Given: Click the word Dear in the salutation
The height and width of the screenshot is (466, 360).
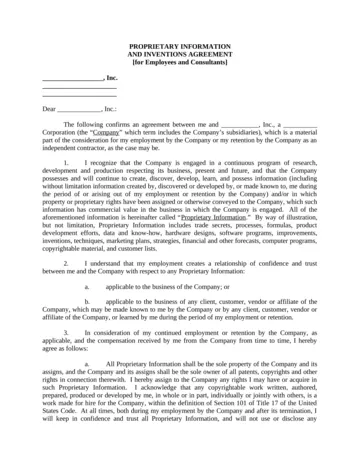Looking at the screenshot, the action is coord(49,106).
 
